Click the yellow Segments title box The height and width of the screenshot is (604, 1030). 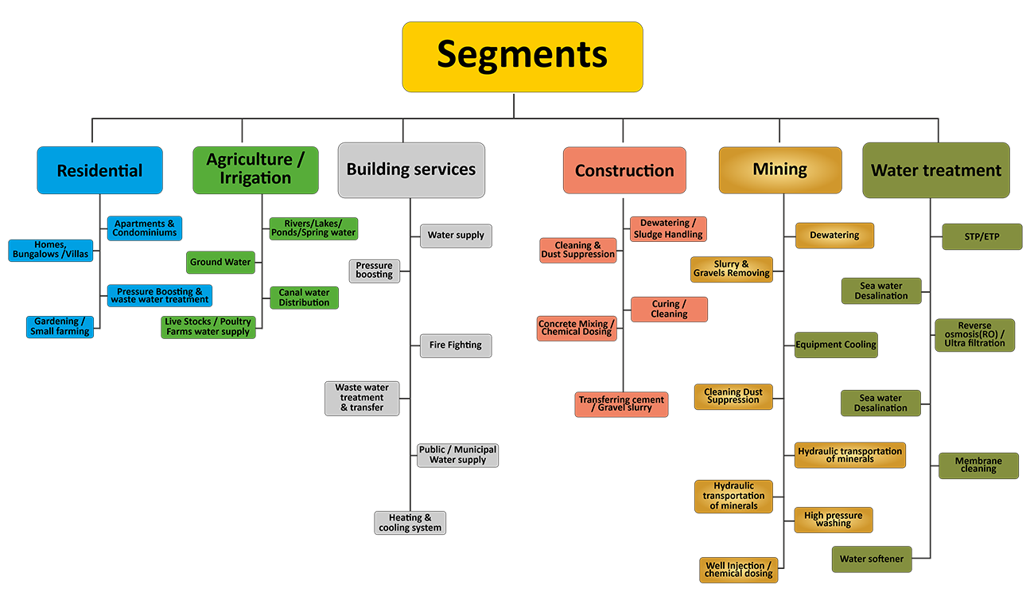tap(522, 56)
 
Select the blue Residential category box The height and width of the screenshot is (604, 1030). tap(99, 170)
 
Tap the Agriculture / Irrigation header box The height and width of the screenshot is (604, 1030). tap(255, 170)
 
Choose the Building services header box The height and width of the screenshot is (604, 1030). tap(411, 170)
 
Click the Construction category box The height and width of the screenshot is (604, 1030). tap(624, 170)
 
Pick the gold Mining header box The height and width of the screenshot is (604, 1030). tap(780, 170)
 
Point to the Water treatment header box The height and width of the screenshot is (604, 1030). tap(936, 170)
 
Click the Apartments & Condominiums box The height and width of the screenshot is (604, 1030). tap(145, 228)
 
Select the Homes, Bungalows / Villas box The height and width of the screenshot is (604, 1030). tap(51, 250)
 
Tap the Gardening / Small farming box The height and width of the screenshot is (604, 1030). tap(60, 326)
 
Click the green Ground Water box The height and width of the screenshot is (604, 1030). tap(220, 262)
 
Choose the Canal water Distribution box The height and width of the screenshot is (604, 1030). tap(304, 298)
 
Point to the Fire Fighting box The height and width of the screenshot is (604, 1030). tap(456, 345)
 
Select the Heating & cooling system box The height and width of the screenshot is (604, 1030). tap(410, 523)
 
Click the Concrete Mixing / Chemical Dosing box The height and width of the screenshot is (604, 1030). tap(577, 328)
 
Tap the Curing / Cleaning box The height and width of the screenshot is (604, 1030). tap(669, 310)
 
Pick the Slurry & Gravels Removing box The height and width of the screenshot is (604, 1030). tap(732, 269)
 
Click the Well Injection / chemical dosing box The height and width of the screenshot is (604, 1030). tap(739, 570)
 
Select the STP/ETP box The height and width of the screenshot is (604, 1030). tap(981, 237)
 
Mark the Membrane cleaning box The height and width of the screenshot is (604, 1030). tap(978, 466)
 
